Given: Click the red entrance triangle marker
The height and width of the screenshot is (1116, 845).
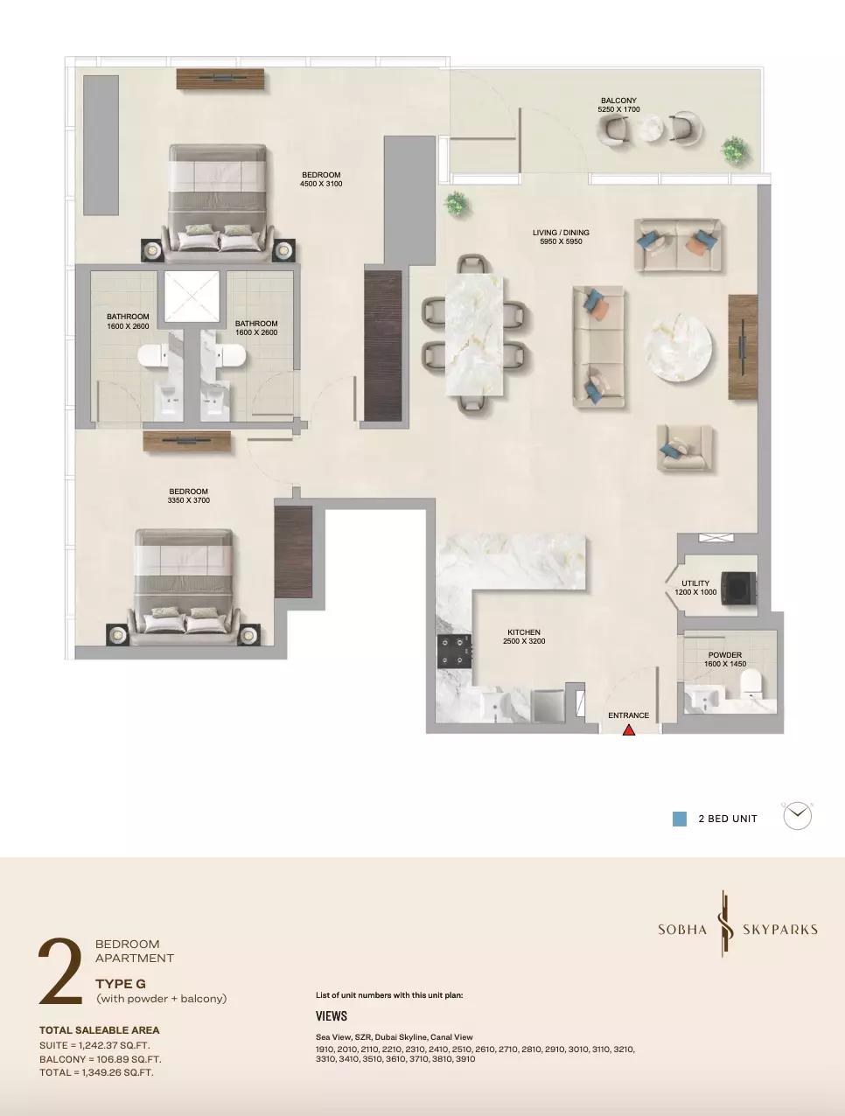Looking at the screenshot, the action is coord(629,730).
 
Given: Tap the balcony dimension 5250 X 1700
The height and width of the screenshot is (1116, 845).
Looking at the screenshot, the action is coord(618,109).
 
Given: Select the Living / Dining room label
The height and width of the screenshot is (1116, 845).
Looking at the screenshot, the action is coord(561,233).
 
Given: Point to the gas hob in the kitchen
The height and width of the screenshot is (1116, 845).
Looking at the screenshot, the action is coord(455,652).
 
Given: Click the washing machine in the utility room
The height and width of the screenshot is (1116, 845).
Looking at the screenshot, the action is coord(740,589).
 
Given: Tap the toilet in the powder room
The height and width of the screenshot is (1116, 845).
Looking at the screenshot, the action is coord(751,682).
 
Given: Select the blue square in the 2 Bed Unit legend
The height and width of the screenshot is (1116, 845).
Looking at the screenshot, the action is coord(680,819).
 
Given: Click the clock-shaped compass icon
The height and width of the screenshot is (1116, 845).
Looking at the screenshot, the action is coord(797,816).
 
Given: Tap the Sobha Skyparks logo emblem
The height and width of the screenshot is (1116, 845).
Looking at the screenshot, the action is coord(725,931).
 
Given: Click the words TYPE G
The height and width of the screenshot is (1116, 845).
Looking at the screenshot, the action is coord(121,984).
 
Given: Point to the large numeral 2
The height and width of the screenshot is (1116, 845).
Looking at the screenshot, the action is coord(60,972).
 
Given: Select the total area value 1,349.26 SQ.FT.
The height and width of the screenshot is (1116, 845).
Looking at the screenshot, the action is coord(117,1072).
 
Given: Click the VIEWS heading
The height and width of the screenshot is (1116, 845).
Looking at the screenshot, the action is coord(332,1015).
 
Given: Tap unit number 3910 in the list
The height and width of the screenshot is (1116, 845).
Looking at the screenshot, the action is coord(465,1059).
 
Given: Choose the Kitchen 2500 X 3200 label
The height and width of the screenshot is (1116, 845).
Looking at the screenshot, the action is coord(524,637).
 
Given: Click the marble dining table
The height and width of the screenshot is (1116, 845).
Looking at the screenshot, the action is coord(475,335).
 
